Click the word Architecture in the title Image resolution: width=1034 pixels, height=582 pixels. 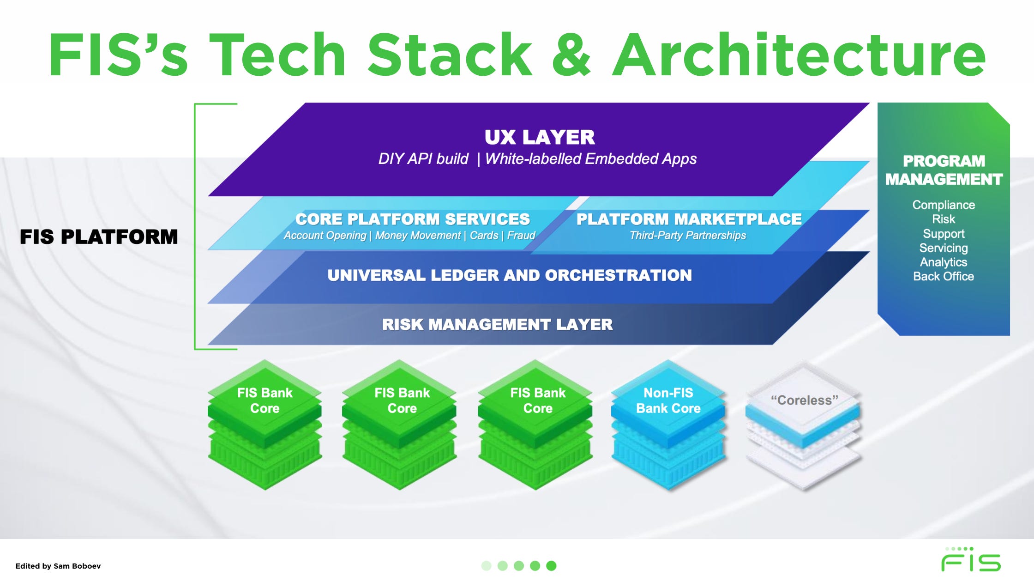[x=799, y=55]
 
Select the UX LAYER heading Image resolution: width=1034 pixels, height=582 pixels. [x=539, y=137]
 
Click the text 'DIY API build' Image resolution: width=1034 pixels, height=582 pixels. [x=423, y=159]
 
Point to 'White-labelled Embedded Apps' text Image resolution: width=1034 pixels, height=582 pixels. [x=590, y=159]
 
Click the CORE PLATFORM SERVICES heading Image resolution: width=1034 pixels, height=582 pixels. [x=412, y=219]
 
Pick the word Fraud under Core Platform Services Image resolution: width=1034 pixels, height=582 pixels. [x=521, y=236]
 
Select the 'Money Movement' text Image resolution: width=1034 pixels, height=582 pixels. [x=417, y=236]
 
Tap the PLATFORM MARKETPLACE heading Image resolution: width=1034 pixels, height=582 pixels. [x=689, y=219]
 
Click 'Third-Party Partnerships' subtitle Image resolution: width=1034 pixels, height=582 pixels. [x=687, y=236]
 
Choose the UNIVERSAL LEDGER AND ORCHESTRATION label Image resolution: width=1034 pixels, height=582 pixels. [x=510, y=275]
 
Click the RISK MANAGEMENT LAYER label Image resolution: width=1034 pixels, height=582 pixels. [x=497, y=324]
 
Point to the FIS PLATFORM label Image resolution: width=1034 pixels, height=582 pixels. [x=98, y=237]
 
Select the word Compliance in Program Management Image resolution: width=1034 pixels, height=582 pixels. [x=943, y=205]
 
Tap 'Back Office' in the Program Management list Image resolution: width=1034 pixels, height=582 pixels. [x=943, y=276]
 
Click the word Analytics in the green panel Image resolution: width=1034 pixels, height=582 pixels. [x=943, y=262]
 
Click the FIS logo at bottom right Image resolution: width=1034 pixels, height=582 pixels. [x=970, y=560]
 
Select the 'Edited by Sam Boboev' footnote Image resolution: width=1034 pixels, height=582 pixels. [x=58, y=566]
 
